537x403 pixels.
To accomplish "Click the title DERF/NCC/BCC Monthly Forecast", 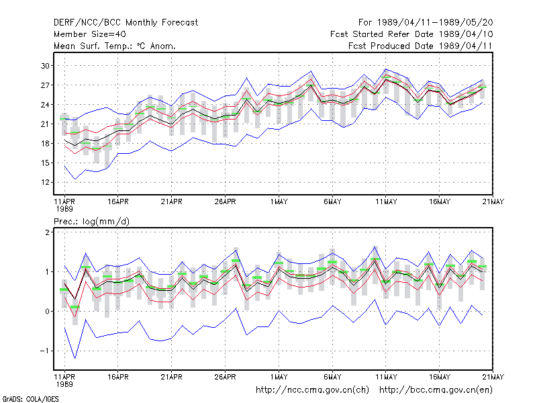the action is click(126, 23).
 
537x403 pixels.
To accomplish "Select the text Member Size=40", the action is click(90, 34).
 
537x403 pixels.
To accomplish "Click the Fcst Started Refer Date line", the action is click(411, 34).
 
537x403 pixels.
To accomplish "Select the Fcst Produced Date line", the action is click(420, 46).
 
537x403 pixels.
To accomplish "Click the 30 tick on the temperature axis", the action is click(45, 65).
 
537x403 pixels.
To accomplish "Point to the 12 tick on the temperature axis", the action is click(45, 182).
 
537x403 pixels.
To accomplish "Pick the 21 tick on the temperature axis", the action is click(45, 124).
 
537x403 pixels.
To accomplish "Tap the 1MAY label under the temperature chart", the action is click(279, 202).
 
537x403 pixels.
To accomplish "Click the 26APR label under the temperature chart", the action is click(225, 202).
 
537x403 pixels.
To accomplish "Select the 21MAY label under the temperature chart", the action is click(493, 202).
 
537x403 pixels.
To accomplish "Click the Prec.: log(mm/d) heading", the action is click(91, 222).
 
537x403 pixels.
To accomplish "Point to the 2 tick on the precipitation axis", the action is click(47, 232).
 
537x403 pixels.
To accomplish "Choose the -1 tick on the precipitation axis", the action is click(45, 351).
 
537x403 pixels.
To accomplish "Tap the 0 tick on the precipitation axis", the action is click(47, 312).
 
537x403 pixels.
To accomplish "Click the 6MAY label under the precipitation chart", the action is click(332, 377).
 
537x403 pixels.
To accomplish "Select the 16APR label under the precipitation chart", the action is click(118, 377).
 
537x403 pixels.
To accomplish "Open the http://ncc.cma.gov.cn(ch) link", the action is click(312, 390).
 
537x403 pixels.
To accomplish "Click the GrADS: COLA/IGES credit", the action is click(30, 399).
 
